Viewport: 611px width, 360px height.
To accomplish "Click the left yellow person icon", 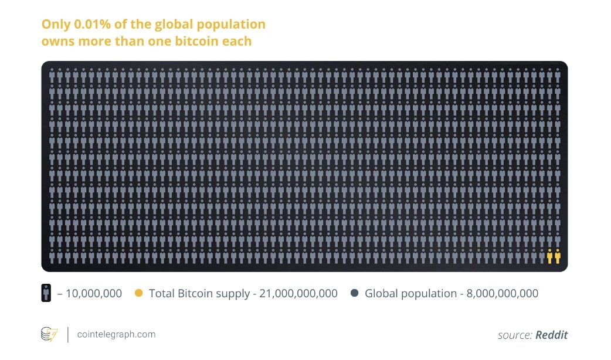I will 549,256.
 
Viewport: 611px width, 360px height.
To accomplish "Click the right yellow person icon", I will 557,256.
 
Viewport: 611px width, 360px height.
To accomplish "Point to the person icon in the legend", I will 46,293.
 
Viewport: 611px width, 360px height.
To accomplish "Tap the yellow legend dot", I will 139,293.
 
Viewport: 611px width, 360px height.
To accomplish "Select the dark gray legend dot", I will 354,293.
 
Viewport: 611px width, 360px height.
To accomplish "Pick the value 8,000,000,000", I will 502,293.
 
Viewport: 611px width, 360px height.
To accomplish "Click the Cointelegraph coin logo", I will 49,335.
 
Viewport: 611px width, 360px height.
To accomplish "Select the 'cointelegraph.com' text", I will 116,334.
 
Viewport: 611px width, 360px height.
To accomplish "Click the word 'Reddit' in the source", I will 552,335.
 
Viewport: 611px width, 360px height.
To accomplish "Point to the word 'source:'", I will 515,335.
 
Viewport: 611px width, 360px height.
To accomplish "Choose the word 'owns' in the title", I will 56,42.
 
